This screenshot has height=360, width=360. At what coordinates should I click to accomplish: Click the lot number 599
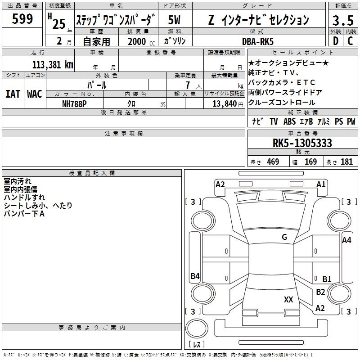coord(22,18)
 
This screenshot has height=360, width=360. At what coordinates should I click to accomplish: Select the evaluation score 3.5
coord(343,20)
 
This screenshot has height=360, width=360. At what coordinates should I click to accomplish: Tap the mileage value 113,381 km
coord(53,65)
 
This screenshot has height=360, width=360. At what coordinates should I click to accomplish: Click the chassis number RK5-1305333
coord(302,143)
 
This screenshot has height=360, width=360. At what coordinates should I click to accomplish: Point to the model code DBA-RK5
coord(258,41)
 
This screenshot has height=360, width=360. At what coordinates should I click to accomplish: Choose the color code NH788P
coord(74,104)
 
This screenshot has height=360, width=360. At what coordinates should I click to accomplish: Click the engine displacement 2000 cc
coord(141,41)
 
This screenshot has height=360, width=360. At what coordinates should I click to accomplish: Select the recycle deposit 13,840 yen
coord(228,104)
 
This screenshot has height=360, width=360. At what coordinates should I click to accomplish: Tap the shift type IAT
coord(13,94)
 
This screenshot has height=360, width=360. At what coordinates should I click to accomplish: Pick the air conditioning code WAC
coord(35,94)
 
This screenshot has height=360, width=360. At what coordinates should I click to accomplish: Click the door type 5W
coord(174,20)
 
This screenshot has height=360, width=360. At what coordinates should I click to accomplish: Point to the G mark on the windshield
coord(284,237)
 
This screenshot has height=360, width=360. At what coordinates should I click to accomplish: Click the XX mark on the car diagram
coord(288,299)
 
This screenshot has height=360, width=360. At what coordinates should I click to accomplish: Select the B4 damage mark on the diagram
coord(195,276)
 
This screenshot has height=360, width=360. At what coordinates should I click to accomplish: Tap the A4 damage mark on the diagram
coord(346,240)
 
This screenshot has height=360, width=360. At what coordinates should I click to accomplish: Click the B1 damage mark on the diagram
coord(327,279)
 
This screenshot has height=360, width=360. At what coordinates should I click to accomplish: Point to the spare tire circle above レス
coord(197,328)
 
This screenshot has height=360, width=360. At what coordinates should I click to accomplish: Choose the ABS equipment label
coord(289,121)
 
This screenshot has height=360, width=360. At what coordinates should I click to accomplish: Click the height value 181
coord(346,162)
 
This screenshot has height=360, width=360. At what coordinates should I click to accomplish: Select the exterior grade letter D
coord(336,41)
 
